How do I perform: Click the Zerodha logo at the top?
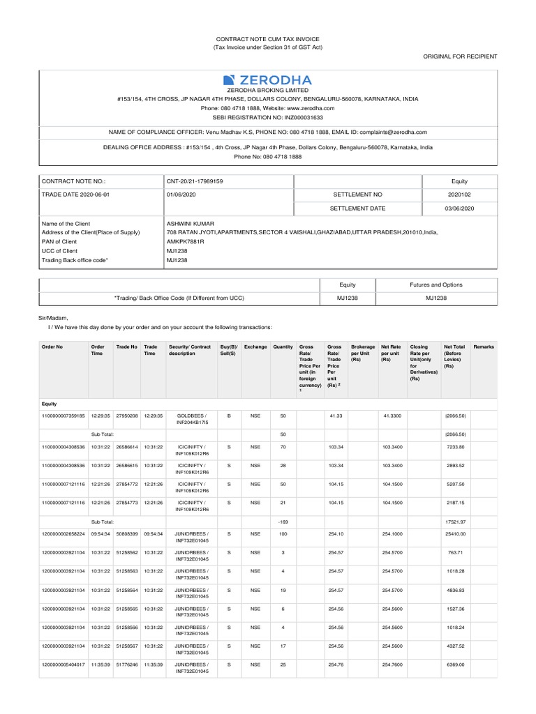pyautogui.click(x=267, y=79)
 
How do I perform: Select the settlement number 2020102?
pyautogui.click(x=460, y=194)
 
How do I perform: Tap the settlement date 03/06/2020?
pyautogui.click(x=460, y=208)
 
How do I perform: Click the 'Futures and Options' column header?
pyautogui.click(x=436, y=284)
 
